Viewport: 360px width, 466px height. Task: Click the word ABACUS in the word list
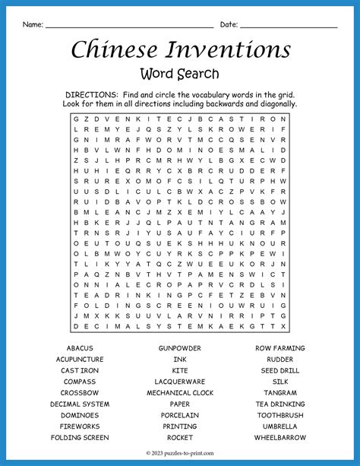coord(80,348)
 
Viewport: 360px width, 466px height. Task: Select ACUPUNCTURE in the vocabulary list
coord(80,360)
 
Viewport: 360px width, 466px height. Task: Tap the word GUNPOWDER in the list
coord(180,348)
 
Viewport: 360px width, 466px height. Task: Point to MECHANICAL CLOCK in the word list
coord(180,393)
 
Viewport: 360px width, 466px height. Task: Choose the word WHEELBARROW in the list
coord(280,438)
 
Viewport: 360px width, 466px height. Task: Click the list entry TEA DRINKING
coord(280,404)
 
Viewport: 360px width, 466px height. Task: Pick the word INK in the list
coord(180,360)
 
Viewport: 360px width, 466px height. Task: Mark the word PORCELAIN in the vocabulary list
coord(180,416)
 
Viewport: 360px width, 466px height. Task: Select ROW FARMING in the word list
coord(280,348)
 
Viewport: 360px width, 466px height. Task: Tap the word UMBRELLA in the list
coord(280,426)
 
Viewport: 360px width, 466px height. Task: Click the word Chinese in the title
coord(114,49)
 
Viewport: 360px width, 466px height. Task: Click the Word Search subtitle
coord(180,74)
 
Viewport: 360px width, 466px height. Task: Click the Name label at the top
coord(32,25)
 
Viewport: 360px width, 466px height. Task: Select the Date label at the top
coord(229,25)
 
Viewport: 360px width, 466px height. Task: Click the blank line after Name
coord(129,27)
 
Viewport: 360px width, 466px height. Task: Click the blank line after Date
coord(288,27)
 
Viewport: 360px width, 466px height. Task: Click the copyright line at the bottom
coord(180,454)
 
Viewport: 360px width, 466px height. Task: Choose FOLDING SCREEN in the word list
coord(80,438)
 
